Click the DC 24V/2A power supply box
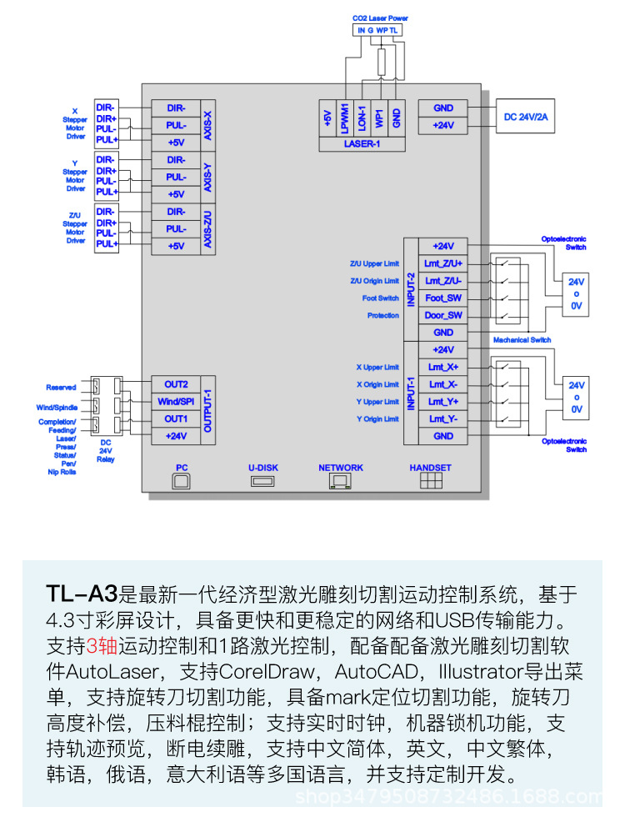[526, 118]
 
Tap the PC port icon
[182, 482]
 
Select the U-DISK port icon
[262, 481]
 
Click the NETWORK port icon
[341, 482]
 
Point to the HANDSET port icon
[430, 482]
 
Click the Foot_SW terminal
[443, 298]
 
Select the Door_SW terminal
[443, 315]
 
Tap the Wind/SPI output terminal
[176, 402]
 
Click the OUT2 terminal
[176, 384]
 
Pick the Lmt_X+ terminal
[443, 367]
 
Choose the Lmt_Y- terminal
[443, 419]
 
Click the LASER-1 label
[362, 143]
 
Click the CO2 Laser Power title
[380, 18]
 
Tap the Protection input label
[382, 316]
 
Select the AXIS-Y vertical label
[207, 177]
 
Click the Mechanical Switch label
[522, 340]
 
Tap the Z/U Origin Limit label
[374, 281]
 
